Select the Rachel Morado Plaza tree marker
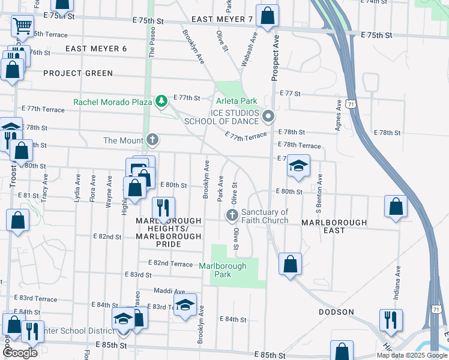160,102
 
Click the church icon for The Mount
153,140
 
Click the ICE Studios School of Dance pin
268,116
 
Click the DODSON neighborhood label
336,312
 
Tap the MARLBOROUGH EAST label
334,226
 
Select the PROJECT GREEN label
78,73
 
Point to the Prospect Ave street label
276,58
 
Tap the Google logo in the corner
20,353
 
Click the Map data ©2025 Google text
411,355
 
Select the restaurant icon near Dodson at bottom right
390,320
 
